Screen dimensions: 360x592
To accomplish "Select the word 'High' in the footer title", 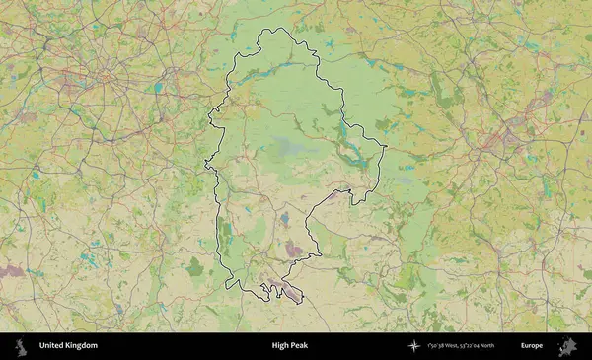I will (x=281, y=346).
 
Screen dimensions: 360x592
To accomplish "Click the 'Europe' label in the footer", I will (x=532, y=346).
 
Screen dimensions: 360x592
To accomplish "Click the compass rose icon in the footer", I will (x=414, y=346).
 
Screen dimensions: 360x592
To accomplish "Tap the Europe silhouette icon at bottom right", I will (x=567, y=346).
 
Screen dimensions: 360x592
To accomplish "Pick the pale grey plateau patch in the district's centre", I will (x=286, y=148).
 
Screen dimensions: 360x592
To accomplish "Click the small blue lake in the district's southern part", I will (x=286, y=218).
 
